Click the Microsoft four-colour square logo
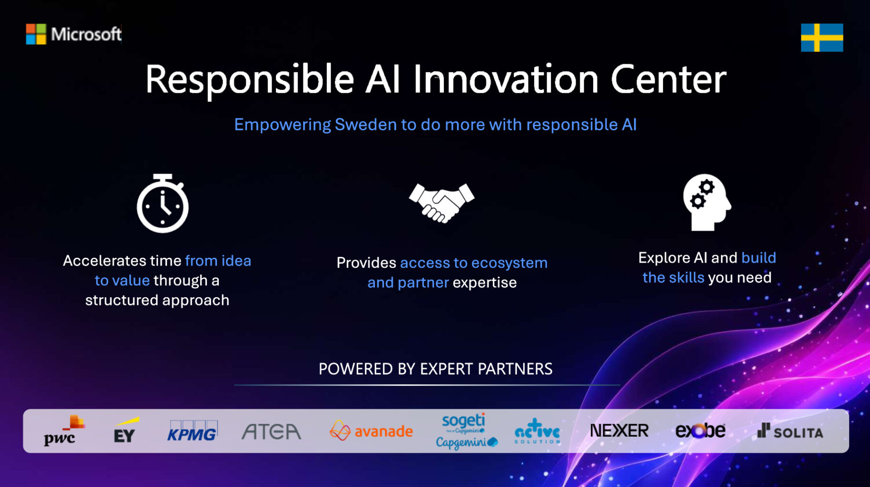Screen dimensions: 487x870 (x=36, y=34)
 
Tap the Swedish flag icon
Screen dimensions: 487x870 (x=821, y=38)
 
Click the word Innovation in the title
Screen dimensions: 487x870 (x=505, y=79)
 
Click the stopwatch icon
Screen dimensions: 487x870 (x=163, y=204)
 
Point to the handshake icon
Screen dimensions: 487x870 (x=441, y=202)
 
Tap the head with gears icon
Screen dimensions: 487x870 (x=706, y=202)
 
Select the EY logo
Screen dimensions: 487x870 (x=126, y=431)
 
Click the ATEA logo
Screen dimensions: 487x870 (x=271, y=432)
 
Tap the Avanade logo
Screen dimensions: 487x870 (x=371, y=431)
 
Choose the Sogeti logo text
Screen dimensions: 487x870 (x=463, y=421)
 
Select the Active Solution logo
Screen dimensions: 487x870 (x=537, y=432)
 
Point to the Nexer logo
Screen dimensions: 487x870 (x=619, y=431)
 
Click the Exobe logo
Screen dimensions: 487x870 (x=700, y=431)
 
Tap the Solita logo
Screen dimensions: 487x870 (x=790, y=432)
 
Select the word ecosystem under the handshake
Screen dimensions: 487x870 (x=509, y=263)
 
